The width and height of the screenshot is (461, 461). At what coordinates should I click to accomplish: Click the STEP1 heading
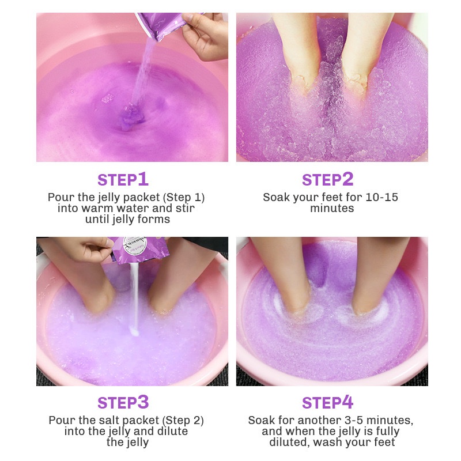pyautogui.click(x=123, y=179)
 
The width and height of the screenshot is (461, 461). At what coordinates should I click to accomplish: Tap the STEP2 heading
pyautogui.click(x=327, y=179)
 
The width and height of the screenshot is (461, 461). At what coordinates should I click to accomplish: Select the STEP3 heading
pyautogui.click(x=123, y=402)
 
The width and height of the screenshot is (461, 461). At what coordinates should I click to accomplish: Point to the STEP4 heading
pyautogui.click(x=327, y=402)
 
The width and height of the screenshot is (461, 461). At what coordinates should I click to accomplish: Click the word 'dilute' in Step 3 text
pyautogui.click(x=171, y=431)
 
